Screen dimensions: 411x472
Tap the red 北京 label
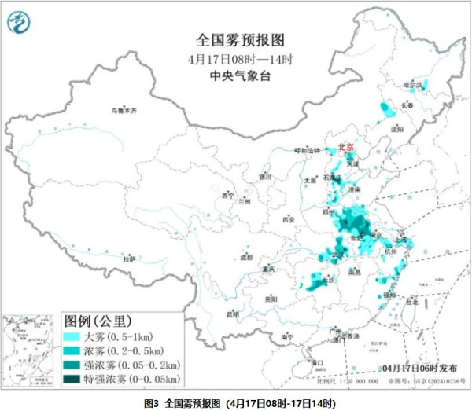(346, 147)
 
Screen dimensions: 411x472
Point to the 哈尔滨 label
(412, 84)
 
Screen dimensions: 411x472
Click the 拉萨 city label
(129, 258)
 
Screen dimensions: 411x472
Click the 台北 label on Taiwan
(411, 301)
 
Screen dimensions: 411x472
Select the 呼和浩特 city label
(308, 149)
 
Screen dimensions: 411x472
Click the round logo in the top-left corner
(17, 23)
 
